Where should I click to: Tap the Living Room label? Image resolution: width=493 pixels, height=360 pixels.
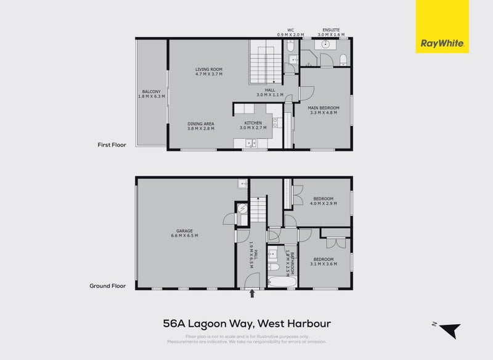point(208,72)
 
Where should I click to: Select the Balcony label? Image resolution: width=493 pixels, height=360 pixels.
point(151,94)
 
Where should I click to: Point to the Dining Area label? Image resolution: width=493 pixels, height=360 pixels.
point(200,126)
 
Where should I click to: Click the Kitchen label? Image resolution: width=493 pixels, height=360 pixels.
point(253,126)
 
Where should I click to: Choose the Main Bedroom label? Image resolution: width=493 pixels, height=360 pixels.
point(324,110)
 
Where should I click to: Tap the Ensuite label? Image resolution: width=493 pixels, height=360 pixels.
point(331,32)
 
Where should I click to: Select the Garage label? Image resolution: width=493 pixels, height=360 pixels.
point(185,234)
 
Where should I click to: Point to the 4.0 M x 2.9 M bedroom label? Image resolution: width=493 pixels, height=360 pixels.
point(324,201)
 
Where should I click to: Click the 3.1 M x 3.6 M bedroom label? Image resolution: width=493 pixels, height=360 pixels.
point(324,261)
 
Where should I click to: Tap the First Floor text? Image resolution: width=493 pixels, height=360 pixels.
point(112,145)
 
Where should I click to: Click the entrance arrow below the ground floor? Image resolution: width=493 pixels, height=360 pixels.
point(251,295)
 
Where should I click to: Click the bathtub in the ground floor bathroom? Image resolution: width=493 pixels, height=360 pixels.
point(283,283)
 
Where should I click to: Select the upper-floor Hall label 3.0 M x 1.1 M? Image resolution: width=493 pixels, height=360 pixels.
point(270,92)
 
